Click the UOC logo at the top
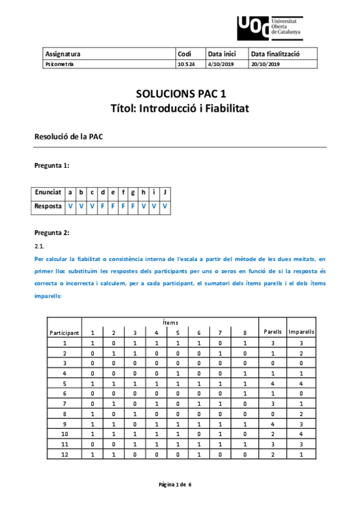pyautogui.click(x=270, y=26)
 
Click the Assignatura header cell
pyautogui.click(x=63, y=54)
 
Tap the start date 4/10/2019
pyautogui.click(x=220, y=64)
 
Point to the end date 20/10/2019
pyautogui.click(x=266, y=64)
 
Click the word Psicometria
pyautogui.click(x=59, y=64)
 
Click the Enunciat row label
pyautogui.click(x=48, y=192)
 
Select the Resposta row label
pyautogui.click(x=48, y=206)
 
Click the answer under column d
pyautogui.click(x=103, y=206)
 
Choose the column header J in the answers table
pyautogui.click(x=164, y=192)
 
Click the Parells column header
pyautogui.click(x=273, y=331)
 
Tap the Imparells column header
pyautogui.click(x=302, y=331)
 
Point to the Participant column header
pyautogui.click(x=64, y=332)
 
